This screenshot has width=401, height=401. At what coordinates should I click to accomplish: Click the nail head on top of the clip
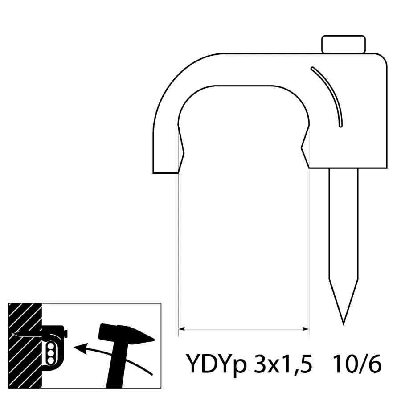point(344,44)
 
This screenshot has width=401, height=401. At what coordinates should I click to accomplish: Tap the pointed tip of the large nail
point(344,324)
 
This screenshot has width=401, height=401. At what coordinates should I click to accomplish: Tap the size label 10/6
point(357,364)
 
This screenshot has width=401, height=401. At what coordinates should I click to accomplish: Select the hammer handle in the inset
point(117,364)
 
